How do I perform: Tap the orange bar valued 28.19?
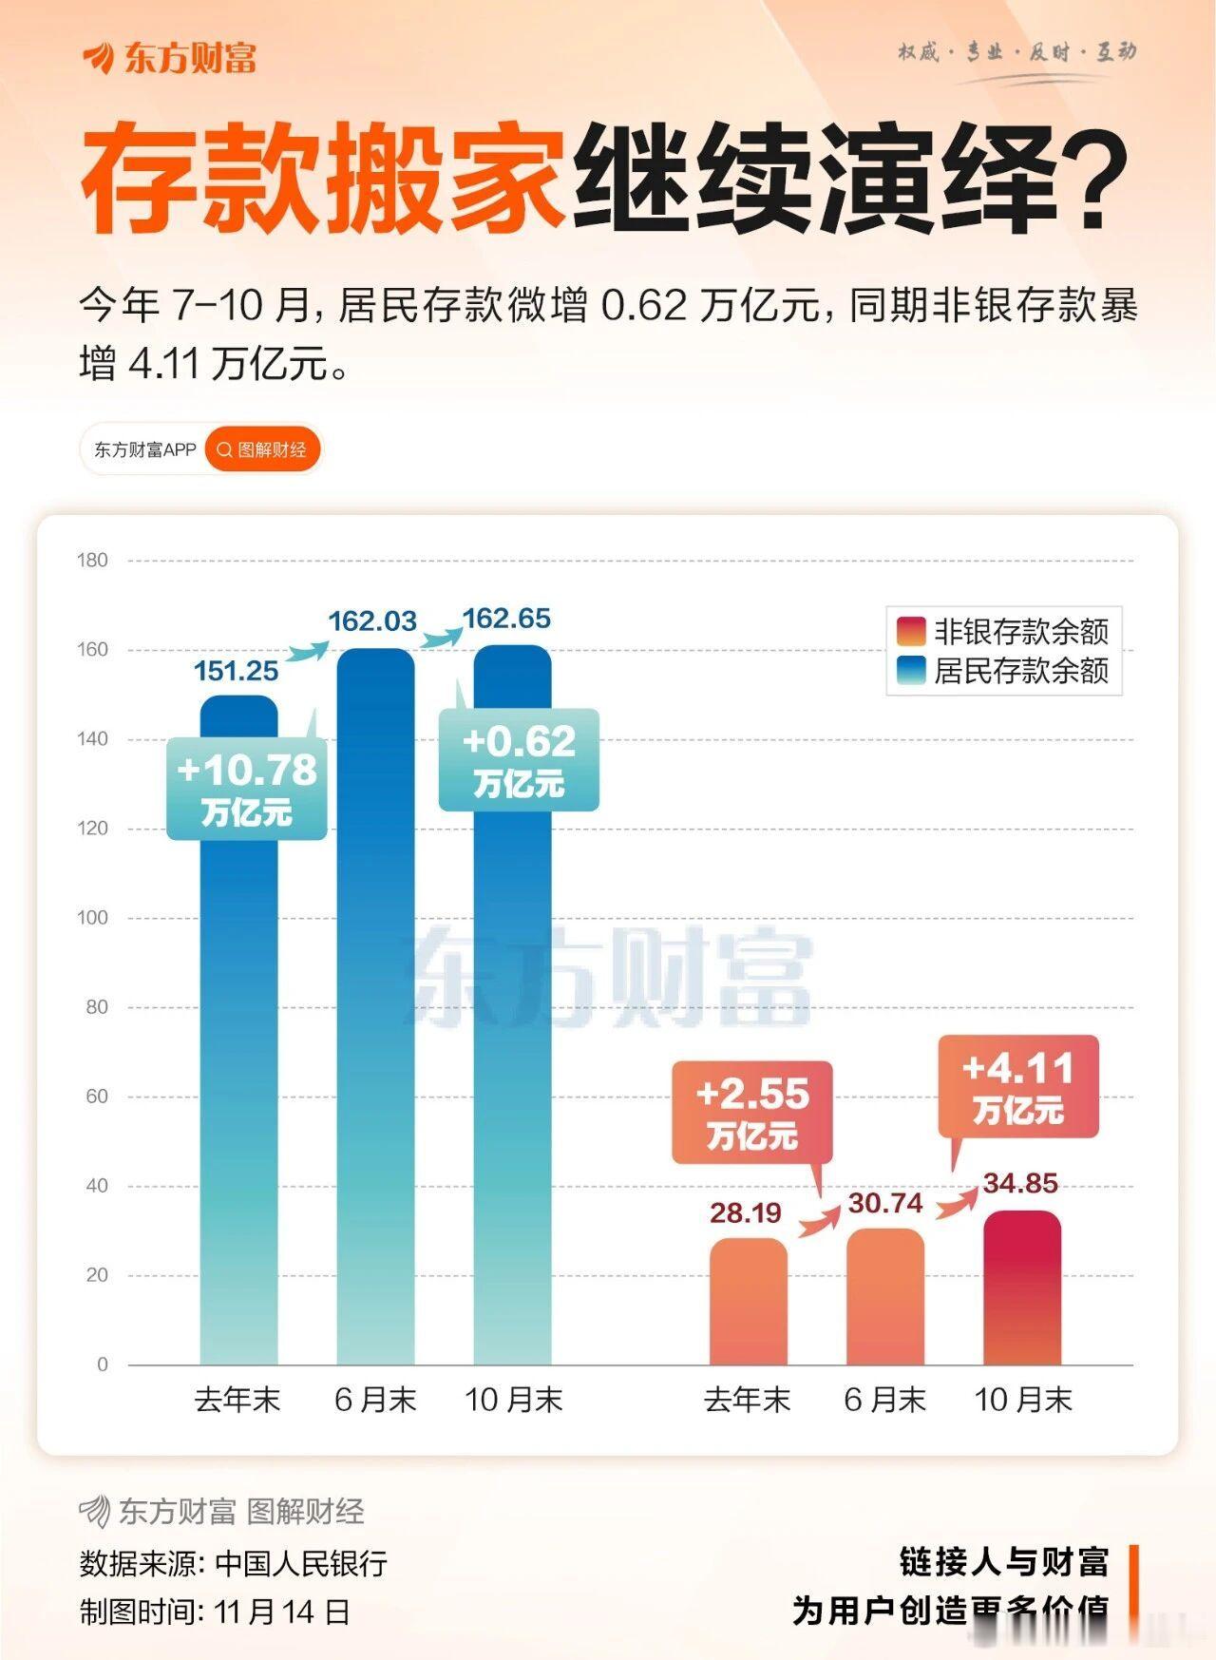coord(748,1302)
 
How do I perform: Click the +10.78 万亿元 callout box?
coord(247,789)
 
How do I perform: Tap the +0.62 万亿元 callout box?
coord(519,760)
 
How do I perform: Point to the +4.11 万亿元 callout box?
coord(1018,1086)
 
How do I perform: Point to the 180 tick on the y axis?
coord(93,561)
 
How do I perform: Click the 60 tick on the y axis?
coord(97,1097)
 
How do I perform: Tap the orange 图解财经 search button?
coord(262,450)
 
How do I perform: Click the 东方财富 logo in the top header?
coord(171,59)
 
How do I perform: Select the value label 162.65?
coord(506,619)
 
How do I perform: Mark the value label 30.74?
coord(885,1204)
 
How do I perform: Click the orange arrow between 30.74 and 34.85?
coord(957,1202)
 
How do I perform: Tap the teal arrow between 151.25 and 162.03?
coord(306,652)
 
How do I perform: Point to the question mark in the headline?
coord(1092,181)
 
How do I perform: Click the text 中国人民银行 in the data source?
coord(301,1563)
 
